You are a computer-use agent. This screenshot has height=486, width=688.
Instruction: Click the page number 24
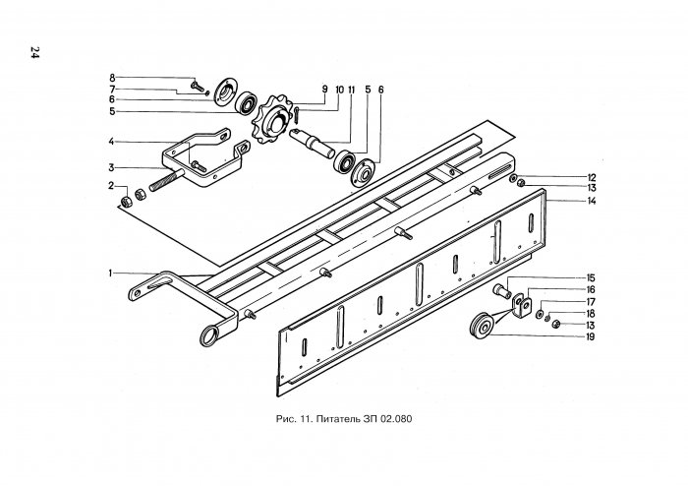tap(33, 53)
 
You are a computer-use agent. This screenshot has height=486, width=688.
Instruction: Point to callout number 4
tap(113, 141)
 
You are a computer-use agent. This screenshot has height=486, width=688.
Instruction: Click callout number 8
tap(112, 77)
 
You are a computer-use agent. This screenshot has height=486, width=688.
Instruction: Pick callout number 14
tap(593, 201)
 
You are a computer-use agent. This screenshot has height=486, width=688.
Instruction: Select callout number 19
tap(592, 336)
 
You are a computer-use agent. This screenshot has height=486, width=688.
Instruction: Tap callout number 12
tap(593, 177)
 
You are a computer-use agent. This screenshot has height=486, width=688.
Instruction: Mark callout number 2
tap(112, 185)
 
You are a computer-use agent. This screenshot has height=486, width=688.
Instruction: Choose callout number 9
tap(322, 90)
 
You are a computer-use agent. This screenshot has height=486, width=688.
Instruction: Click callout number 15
tap(592, 278)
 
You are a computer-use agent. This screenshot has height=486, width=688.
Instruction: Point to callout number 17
tap(592, 302)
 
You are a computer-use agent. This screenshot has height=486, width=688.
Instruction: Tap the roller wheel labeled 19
tap(484, 326)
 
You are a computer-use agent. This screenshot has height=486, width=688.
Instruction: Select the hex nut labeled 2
tap(126, 203)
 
